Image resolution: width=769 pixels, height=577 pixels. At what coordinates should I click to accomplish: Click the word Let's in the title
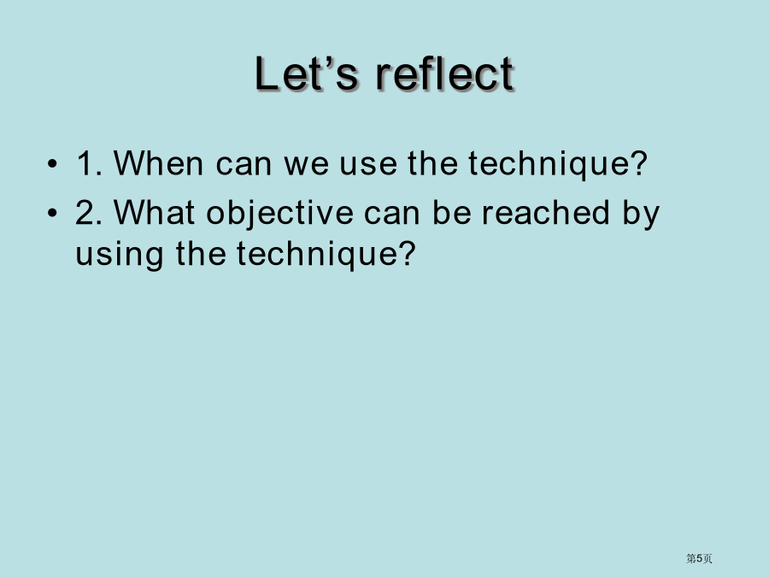(307, 74)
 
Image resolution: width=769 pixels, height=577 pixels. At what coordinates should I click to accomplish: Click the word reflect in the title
(445, 74)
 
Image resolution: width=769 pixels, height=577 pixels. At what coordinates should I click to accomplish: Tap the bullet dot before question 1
(52, 163)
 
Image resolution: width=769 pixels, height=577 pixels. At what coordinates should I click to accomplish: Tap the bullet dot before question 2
(52, 213)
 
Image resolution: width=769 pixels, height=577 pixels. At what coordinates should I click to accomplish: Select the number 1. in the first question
(89, 163)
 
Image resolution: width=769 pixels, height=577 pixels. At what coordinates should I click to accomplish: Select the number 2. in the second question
(89, 213)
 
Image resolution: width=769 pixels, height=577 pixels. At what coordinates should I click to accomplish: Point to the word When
(158, 163)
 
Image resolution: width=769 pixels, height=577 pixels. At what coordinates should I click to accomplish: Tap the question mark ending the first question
(639, 163)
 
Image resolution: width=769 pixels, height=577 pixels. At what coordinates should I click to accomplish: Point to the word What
(155, 213)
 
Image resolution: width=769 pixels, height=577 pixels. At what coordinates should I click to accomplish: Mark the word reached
(546, 213)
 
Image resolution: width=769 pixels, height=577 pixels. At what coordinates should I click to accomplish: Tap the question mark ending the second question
(407, 253)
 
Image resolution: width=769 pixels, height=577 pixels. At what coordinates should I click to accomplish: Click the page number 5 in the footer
(699, 558)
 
